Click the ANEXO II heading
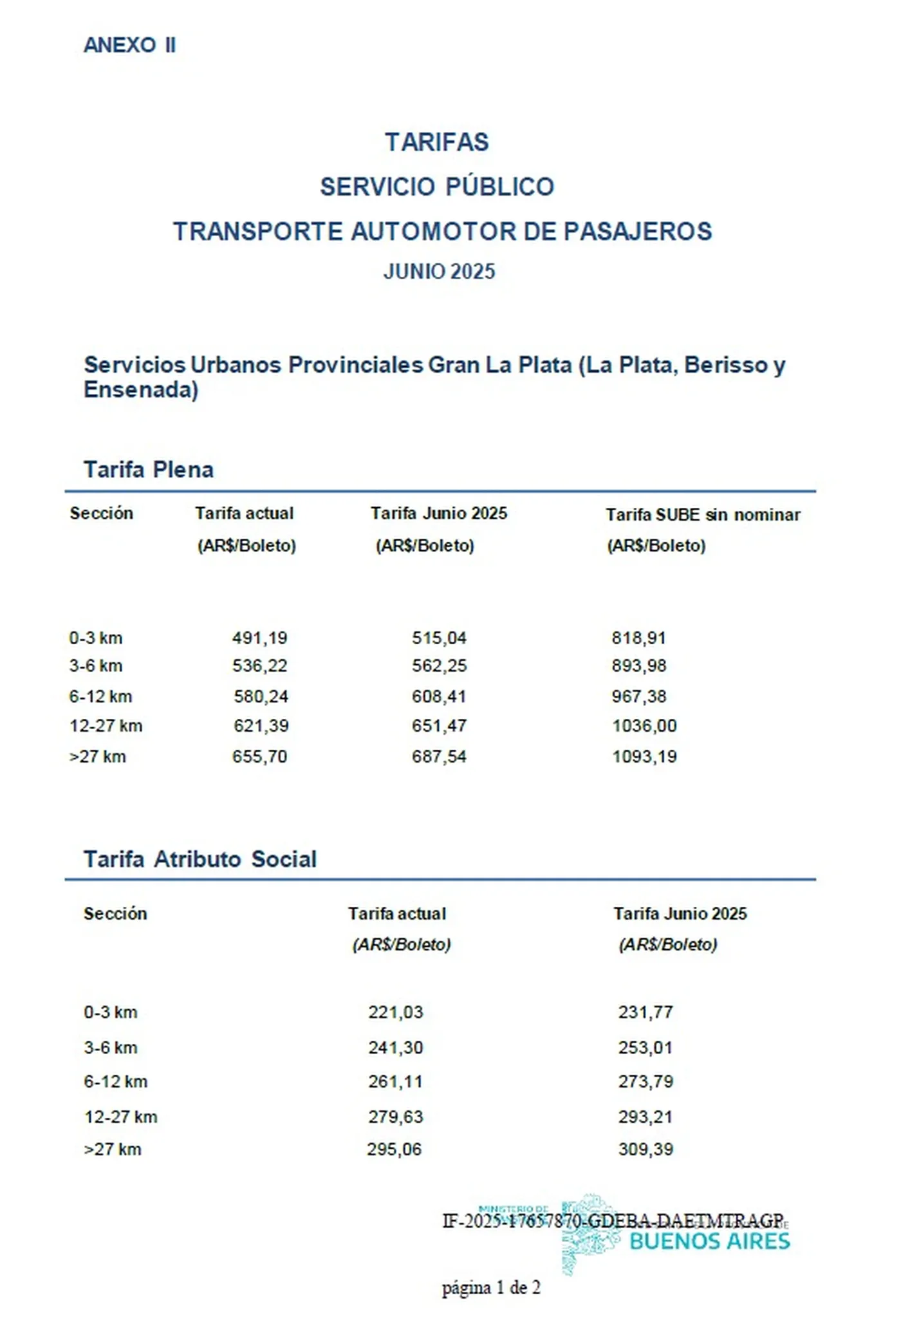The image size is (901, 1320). tap(129, 45)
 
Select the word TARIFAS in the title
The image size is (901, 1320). tap(437, 142)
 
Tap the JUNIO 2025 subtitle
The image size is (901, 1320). tap(439, 272)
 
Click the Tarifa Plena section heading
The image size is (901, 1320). tap(148, 470)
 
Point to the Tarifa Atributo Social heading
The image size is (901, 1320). tap(200, 859)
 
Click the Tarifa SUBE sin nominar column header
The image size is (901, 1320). tap(703, 514)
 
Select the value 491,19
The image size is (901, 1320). tap(259, 638)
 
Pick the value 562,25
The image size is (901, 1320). tap(439, 665)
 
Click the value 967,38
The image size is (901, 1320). tap(638, 696)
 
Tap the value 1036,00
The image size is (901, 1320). tap(644, 726)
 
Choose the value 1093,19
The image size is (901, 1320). tap(644, 756)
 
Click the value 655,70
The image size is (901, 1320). tap(259, 756)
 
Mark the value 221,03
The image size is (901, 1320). tap(395, 1012)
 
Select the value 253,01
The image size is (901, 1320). tap(646, 1048)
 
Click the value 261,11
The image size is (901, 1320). tap(395, 1082)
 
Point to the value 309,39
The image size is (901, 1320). tap(646, 1149)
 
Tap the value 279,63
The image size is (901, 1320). tap(395, 1117)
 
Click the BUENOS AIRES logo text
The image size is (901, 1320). tap(709, 1241)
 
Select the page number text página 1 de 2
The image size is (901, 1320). tap(491, 1288)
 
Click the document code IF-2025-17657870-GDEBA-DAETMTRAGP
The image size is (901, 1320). tap(613, 1221)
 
